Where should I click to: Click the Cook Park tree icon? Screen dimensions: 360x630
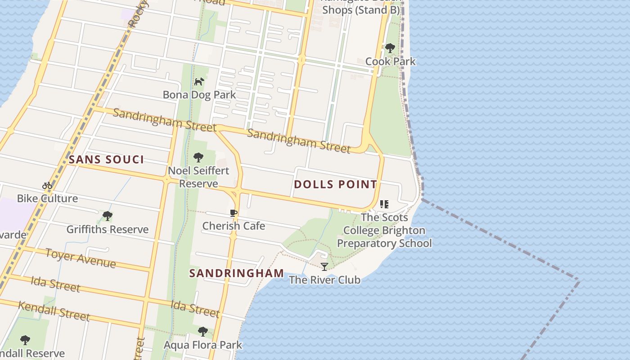(x=390, y=48)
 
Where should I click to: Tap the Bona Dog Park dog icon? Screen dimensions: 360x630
(x=199, y=81)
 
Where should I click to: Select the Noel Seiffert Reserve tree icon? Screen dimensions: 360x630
(x=198, y=157)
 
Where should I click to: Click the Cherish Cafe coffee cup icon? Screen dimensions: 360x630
(x=233, y=213)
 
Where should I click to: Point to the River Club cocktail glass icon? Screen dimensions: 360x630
(x=324, y=266)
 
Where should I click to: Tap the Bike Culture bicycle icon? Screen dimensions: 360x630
(x=47, y=185)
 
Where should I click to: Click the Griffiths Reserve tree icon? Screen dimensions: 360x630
(x=107, y=216)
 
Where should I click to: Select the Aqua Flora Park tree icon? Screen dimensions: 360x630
(x=202, y=332)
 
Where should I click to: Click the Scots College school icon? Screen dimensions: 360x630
(x=384, y=204)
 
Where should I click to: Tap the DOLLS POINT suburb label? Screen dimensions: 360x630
(x=335, y=184)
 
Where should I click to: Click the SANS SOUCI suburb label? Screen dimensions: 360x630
(x=106, y=159)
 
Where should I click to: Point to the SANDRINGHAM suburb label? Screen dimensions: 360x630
(x=236, y=273)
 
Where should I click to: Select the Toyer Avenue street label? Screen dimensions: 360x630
(x=81, y=258)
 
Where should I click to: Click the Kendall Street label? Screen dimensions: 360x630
(x=54, y=311)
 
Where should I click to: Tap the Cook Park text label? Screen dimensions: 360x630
(x=390, y=61)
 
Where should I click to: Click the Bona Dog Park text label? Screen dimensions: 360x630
(x=199, y=95)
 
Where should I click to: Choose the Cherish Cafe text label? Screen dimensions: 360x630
(x=234, y=226)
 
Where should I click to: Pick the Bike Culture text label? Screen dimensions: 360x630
(x=47, y=198)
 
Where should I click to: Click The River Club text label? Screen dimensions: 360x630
(x=324, y=280)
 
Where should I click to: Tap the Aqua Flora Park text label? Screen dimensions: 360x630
(x=202, y=345)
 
